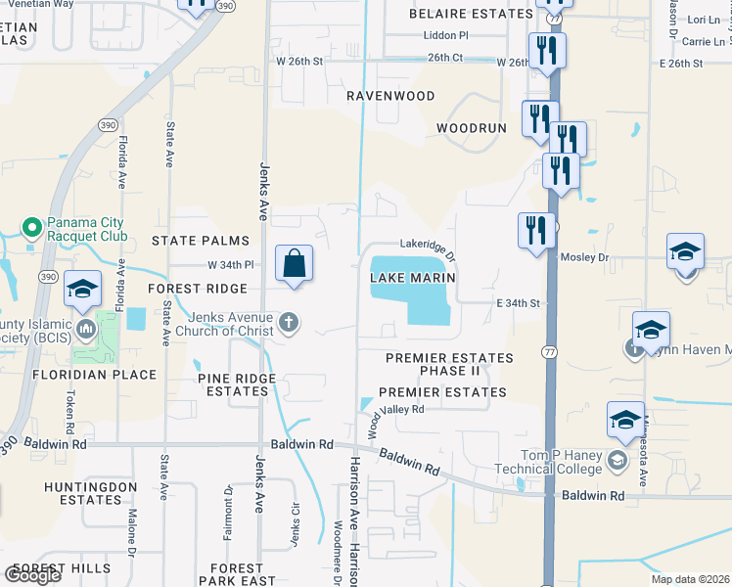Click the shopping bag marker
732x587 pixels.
[294, 264]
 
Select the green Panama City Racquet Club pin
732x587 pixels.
[31, 229]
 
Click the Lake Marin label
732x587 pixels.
[414, 278]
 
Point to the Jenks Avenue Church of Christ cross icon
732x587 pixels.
[288, 322]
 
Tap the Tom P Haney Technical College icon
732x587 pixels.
[618, 460]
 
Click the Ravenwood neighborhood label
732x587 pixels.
[390, 96]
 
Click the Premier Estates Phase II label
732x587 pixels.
[449, 365]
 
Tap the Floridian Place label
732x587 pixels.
[94, 375]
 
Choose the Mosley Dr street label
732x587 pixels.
[584, 257]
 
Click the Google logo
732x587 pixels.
[32, 575]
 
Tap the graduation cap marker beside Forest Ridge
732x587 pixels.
[83, 290]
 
